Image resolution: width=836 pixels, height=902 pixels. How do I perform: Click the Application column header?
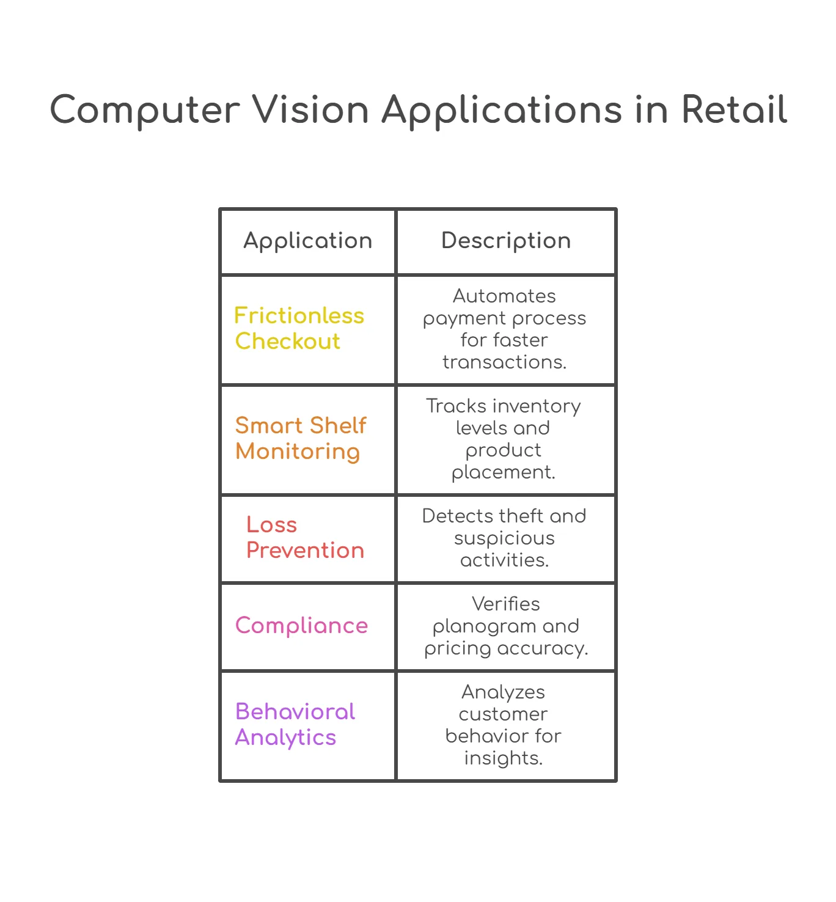point(307,241)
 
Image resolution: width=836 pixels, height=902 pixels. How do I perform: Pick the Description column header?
point(505,241)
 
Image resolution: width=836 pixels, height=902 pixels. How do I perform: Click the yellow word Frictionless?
point(299,315)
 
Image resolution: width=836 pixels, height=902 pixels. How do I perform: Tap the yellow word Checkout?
point(287,340)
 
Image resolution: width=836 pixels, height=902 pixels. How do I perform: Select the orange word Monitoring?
point(298,452)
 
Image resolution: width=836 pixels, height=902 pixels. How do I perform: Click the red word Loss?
point(271,524)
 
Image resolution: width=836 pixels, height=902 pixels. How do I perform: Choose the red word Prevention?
point(305,550)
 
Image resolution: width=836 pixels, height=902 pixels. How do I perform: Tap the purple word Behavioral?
point(295,711)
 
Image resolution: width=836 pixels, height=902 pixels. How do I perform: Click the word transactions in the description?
point(504,362)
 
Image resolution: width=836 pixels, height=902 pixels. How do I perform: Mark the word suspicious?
point(504,539)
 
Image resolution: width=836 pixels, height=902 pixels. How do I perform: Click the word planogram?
point(477,627)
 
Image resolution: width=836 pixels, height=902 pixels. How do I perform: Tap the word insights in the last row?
point(504,758)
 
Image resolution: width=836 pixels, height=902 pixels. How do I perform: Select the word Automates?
point(504,296)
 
